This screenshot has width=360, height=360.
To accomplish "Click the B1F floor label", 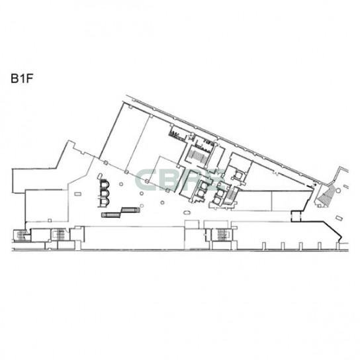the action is (x=22, y=78).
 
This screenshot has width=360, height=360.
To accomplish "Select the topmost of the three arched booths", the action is (x=105, y=185).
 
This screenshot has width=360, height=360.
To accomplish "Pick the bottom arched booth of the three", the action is (x=105, y=202).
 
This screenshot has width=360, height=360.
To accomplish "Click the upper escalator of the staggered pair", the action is (x=130, y=210).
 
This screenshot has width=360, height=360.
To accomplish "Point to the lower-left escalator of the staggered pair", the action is (x=111, y=215).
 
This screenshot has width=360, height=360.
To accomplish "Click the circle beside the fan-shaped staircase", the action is (x=338, y=190).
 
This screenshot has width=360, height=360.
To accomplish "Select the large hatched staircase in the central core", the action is (x=197, y=156).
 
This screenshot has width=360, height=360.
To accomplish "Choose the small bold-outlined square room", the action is (x=296, y=216).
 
